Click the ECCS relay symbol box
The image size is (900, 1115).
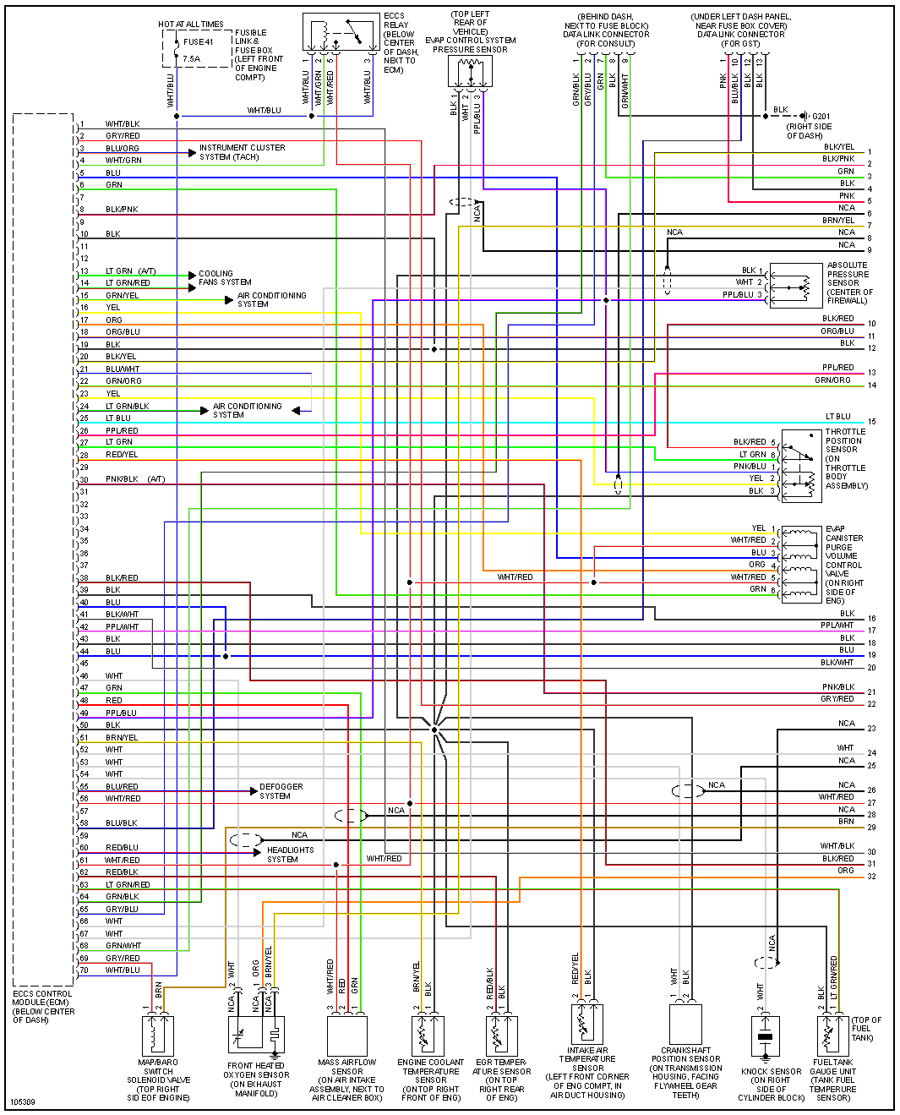[341, 33]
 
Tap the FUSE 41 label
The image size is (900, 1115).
[199, 41]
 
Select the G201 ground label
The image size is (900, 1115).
[821, 117]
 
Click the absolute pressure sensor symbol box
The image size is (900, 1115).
[795, 285]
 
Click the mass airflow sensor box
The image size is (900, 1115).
[346, 1034]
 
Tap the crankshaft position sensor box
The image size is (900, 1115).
[685, 1023]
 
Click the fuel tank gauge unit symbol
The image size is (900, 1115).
[832, 1034]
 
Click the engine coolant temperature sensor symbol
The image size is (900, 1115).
[429, 1033]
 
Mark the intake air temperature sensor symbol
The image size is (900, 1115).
[587, 1023]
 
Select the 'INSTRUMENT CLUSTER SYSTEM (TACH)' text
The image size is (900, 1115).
[242, 152]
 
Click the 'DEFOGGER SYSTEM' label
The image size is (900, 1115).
[281, 791]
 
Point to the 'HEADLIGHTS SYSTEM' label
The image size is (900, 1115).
[290, 855]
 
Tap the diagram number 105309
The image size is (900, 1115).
[24, 1102]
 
